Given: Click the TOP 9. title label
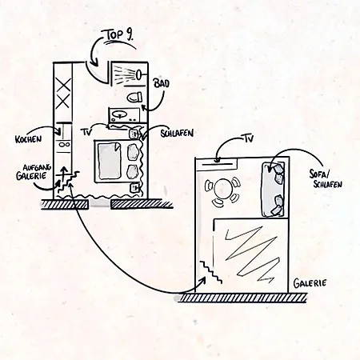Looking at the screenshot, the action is (119, 36).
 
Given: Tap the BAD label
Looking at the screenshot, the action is (161, 83).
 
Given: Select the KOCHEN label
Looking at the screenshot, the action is (29, 139).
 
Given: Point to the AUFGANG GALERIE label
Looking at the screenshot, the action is (34, 172).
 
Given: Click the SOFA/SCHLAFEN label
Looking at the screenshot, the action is (326, 179).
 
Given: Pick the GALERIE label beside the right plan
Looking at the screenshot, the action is (310, 283).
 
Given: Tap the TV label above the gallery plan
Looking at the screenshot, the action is (247, 138).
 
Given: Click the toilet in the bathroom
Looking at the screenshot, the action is (134, 97).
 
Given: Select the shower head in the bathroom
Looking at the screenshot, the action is (139, 74).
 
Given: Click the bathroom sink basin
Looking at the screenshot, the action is (119, 115).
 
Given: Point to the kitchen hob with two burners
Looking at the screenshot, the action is (64, 145).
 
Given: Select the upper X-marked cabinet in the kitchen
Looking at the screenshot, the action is (63, 85).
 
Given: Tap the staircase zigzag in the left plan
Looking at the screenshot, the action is (69, 182).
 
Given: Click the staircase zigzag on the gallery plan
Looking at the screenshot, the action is (210, 272).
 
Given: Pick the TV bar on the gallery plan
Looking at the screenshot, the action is (217, 164).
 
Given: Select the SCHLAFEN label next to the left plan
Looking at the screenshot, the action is (177, 134).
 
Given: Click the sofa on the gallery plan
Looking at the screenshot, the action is (274, 189).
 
